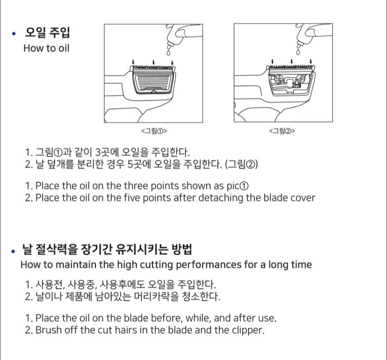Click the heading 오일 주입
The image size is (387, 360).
(47, 32)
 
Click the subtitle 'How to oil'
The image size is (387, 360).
(46, 48)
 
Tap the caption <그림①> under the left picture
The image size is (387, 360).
(154, 131)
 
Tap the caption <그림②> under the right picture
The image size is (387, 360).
(282, 131)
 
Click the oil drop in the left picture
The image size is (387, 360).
(168, 53)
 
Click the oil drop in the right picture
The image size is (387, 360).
(298, 52)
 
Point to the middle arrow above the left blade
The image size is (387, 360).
(154, 62)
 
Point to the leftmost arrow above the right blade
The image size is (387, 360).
(272, 62)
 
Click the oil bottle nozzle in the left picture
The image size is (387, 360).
(170, 46)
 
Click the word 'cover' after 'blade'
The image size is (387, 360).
(303, 198)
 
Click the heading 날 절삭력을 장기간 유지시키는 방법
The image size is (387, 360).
(107, 249)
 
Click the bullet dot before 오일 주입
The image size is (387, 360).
(14, 33)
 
